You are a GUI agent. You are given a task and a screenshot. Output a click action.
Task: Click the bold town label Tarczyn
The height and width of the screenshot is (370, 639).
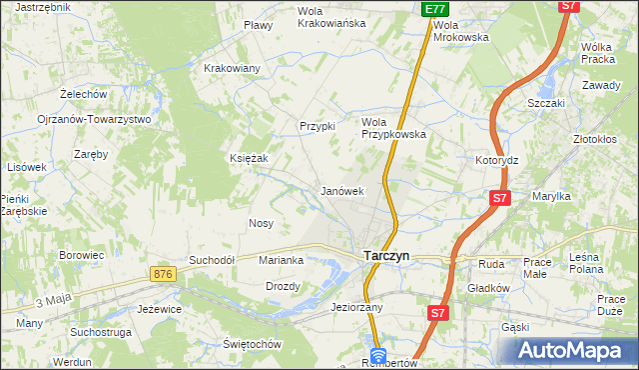pyautogui.click(x=383, y=256)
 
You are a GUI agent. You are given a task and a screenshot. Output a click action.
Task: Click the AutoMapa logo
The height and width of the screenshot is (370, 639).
pyautogui.click(x=573, y=351)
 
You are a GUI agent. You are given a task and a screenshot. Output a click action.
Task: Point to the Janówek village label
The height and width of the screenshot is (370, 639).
pyautogui.click(x=340, y=190)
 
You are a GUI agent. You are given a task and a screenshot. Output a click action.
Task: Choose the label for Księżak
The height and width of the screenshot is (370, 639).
pyautogui.click(x=249, y=158)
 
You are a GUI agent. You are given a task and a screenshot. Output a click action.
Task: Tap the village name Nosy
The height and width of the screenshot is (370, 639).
pyautogui.click(x=262, y=223)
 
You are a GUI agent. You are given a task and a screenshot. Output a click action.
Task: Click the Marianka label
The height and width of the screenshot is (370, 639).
pyautogui.click(x=281, y=260)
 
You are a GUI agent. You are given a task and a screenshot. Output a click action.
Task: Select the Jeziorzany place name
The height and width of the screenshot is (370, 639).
pyautogui.click(x=356, y=308)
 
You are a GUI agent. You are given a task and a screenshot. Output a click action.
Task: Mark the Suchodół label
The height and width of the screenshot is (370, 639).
pyautogui.click(x=212, y=260)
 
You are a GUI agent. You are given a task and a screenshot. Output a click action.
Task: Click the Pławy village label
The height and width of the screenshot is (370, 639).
pyautogui.click(x=259, y=25)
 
